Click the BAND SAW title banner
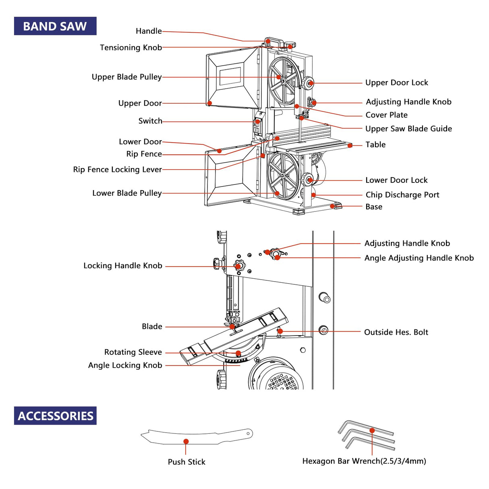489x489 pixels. pos(55,26)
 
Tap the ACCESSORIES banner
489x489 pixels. pos(55,416)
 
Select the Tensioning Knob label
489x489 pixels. pos(131,48)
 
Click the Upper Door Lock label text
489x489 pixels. pos(396,83)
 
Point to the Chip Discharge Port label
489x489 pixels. pos(402,195)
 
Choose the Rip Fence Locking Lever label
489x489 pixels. pos(117,170)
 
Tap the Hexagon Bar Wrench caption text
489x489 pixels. pos(364,461)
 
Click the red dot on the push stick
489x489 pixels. pos(186,441)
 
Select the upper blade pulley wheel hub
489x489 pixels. pos(284,81)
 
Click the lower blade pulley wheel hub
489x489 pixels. pos(283,176)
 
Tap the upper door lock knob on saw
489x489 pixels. pos(309,83)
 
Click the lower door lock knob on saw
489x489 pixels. pos(309,180)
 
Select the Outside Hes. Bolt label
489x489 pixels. pos(396,332)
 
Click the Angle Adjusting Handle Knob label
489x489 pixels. pos(419,258)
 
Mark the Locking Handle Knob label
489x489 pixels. pos(123,266)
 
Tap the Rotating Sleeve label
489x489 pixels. pos(133,352)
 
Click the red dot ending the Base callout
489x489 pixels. pos(333,206)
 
